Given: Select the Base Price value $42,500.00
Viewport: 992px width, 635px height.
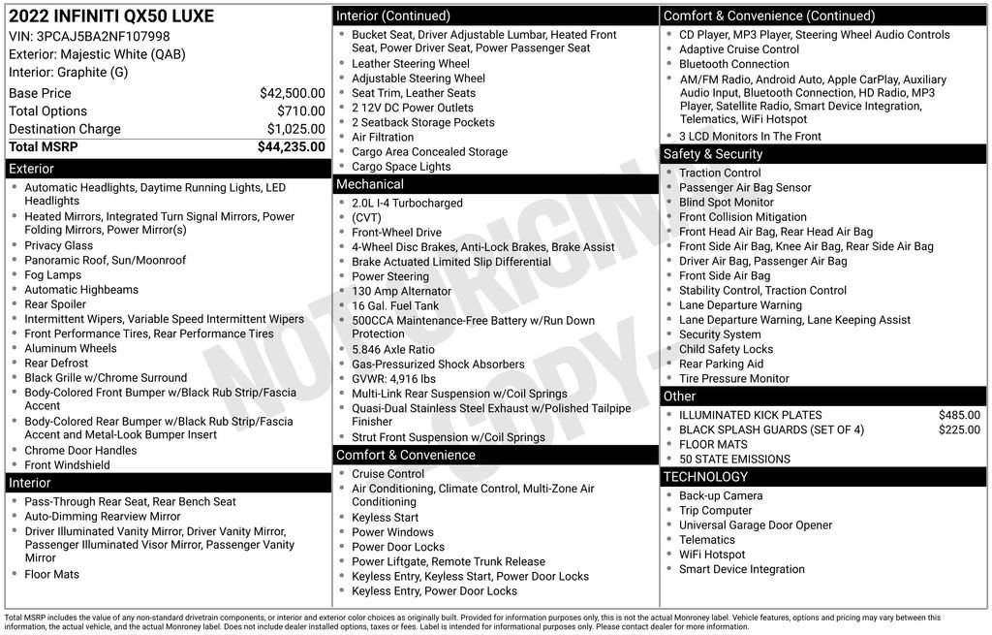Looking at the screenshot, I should pos(292,93).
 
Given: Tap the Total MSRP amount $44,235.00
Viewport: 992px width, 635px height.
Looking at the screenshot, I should pos(291,146).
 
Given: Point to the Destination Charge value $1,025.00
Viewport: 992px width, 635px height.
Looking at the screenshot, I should pos(295,129).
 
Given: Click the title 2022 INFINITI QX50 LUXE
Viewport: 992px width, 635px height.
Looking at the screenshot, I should pos(111,16).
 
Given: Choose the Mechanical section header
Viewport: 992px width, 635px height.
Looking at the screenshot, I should pos(370,184).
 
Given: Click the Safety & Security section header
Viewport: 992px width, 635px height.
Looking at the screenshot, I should pos(713,154).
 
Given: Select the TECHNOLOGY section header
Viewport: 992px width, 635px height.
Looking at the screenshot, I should pos(705,477).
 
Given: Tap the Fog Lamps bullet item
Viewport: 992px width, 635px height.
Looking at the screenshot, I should pos(53,275).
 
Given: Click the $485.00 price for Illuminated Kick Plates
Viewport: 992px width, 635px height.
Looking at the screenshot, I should pos(959,415).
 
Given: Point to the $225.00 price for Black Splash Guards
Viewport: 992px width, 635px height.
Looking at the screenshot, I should pos(959,429).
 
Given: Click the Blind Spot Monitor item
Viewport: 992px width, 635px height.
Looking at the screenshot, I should pos(727,203).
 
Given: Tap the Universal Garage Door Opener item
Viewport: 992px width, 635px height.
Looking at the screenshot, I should pos(756,525).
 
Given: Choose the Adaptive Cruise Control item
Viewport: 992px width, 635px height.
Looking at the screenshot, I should pos(739,49).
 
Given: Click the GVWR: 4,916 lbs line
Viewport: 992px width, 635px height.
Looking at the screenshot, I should pos(394,379).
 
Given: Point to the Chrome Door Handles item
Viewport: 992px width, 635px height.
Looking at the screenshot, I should pos(80,451).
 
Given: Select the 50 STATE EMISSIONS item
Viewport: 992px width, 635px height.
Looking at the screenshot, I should pos(734,460).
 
